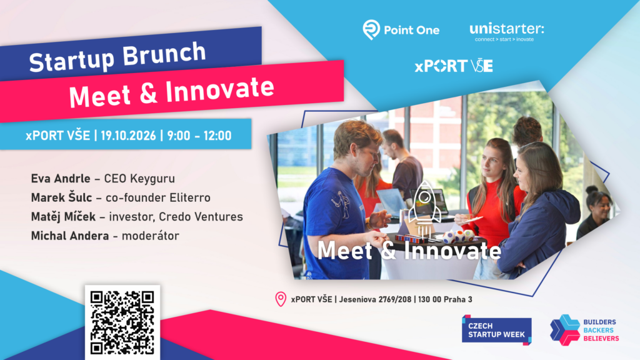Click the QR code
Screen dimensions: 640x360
point(122,322)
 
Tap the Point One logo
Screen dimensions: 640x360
point(401,30)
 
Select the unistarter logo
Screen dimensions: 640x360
point(506,32)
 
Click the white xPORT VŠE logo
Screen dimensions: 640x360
point(454,66)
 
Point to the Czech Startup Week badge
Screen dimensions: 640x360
point(497,330)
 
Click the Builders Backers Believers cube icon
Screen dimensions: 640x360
point(565,330)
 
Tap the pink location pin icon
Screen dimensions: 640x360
point(281,299)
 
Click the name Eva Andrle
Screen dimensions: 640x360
point(61,179)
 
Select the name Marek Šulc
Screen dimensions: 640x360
point(62,197)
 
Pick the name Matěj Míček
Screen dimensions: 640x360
point(63,216)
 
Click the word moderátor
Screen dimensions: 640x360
point(150,236)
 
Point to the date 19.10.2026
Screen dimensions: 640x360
point(128,136)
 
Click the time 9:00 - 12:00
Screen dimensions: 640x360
point(199,136)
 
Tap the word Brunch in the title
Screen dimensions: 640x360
point(164,54)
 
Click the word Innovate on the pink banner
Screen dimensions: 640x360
point(220,90)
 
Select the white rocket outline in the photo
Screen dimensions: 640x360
point(424,209)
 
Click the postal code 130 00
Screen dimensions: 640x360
point(429,299)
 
